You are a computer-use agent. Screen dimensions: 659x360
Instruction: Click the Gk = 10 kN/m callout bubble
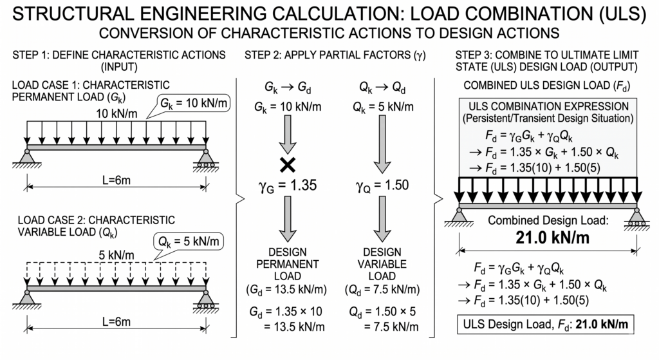click(x=194, y=103)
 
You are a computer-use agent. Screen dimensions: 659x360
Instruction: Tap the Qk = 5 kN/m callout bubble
click(x=189, y=242)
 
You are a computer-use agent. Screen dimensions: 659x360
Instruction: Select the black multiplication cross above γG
click(x=288, y=165)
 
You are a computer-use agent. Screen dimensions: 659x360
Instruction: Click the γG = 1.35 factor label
click(x=288, y=185)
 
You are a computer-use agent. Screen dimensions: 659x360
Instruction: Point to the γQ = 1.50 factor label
click(x=382, y=185)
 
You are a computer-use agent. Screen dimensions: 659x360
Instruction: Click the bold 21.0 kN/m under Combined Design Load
click(x=552, y=238)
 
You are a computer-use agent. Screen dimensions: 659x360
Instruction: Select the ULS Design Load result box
click(x=546, y=324)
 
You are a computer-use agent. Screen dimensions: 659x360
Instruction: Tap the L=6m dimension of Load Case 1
click(x=116, y=180)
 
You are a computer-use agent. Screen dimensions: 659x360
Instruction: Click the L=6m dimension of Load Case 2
click(x=116, y=322)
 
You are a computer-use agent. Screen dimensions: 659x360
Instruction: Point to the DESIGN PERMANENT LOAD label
click(x=288, y=263)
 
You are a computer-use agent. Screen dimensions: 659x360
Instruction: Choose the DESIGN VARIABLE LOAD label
click(x=382, y=263)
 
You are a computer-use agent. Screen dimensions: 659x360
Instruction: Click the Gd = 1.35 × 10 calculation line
click(x=286, y=312)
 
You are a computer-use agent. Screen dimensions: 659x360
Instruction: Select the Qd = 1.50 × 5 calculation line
click(x=382, y=312)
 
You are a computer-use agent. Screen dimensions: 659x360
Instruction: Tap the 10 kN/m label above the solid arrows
click(x=116, y=113)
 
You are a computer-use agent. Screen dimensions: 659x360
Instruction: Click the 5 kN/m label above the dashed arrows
click(x=116, y=255)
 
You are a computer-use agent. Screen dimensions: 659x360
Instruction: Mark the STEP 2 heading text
click(x=335, y=55)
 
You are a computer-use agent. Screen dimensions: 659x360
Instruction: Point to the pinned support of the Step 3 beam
click(x=459, y=216)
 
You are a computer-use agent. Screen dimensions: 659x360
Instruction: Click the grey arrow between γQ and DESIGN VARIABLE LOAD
click(x=382, y=219)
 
